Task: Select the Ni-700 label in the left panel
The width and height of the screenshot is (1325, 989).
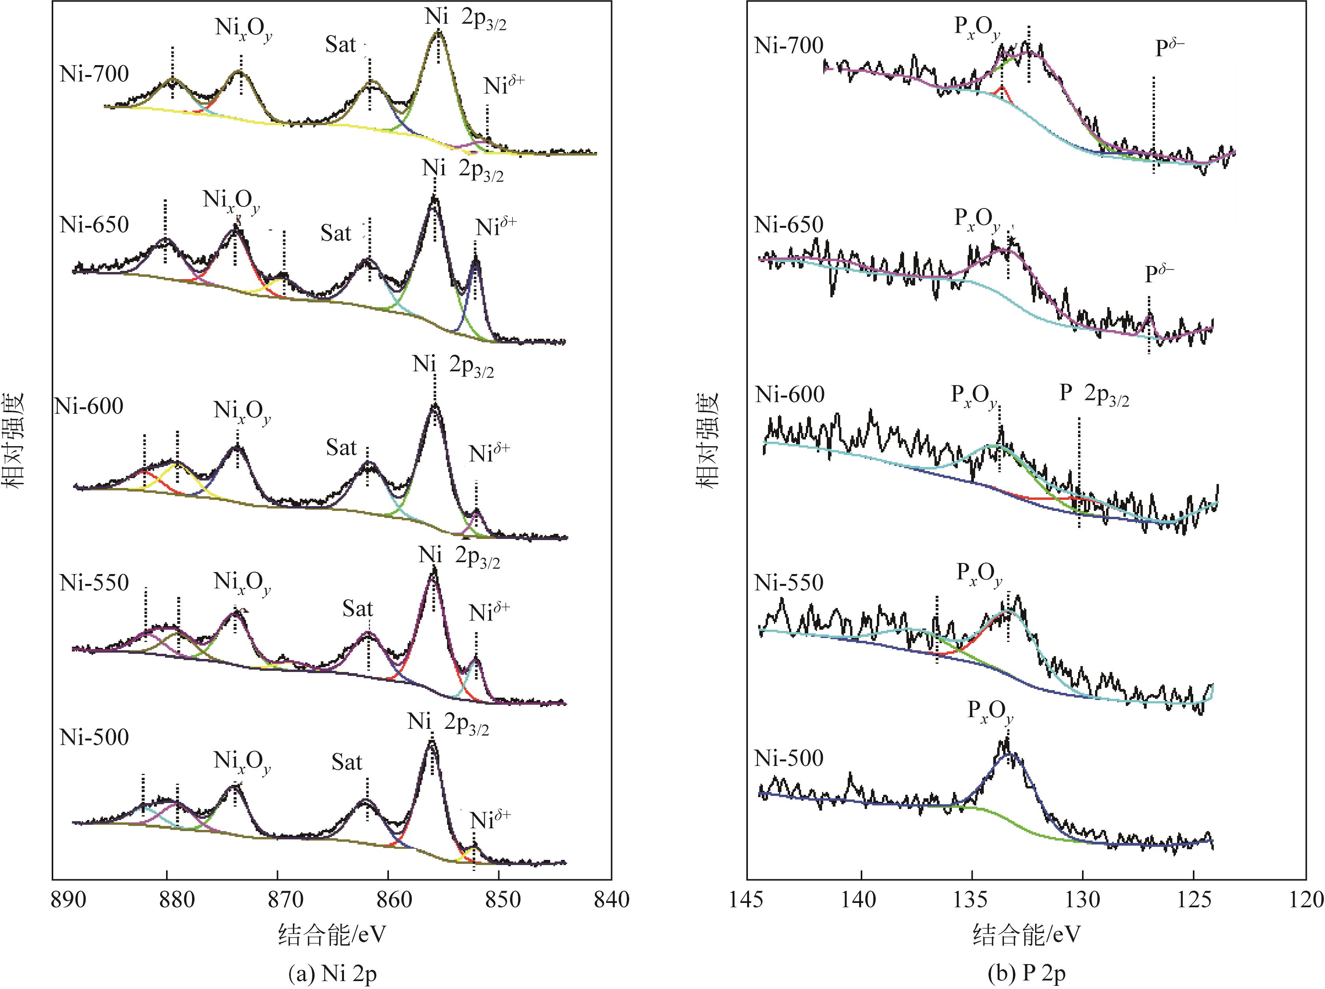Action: [x=94, y=74]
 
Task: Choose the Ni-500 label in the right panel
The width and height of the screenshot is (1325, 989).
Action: [x=789, y=758]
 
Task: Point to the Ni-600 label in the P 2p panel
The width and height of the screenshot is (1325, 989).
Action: [x=790, y=394]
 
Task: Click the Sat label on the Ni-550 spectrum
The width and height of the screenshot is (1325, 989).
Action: [x=357, y=609]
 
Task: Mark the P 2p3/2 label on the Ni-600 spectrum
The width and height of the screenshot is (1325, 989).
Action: [x=1094, y=394]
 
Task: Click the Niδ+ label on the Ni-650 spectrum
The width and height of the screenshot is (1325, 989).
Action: [x=496, y=227]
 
